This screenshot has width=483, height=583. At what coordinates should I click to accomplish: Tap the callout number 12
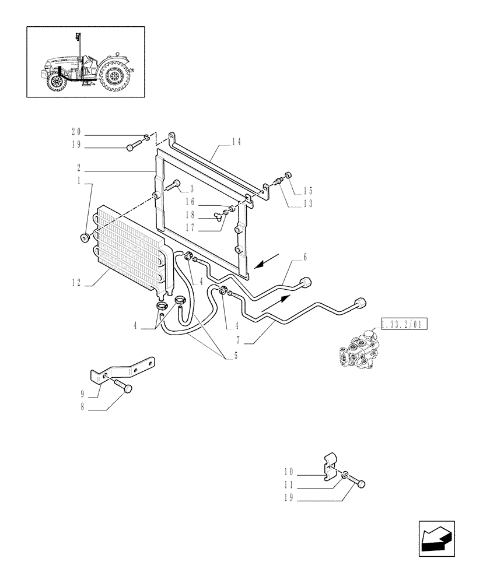click(x=76, y=283)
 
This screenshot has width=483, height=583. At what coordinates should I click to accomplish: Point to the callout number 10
click(x=289, y=471)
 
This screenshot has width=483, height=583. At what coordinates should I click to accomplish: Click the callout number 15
click(x=308, y=191)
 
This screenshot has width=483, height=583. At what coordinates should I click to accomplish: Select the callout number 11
click(x=289, y=484)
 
